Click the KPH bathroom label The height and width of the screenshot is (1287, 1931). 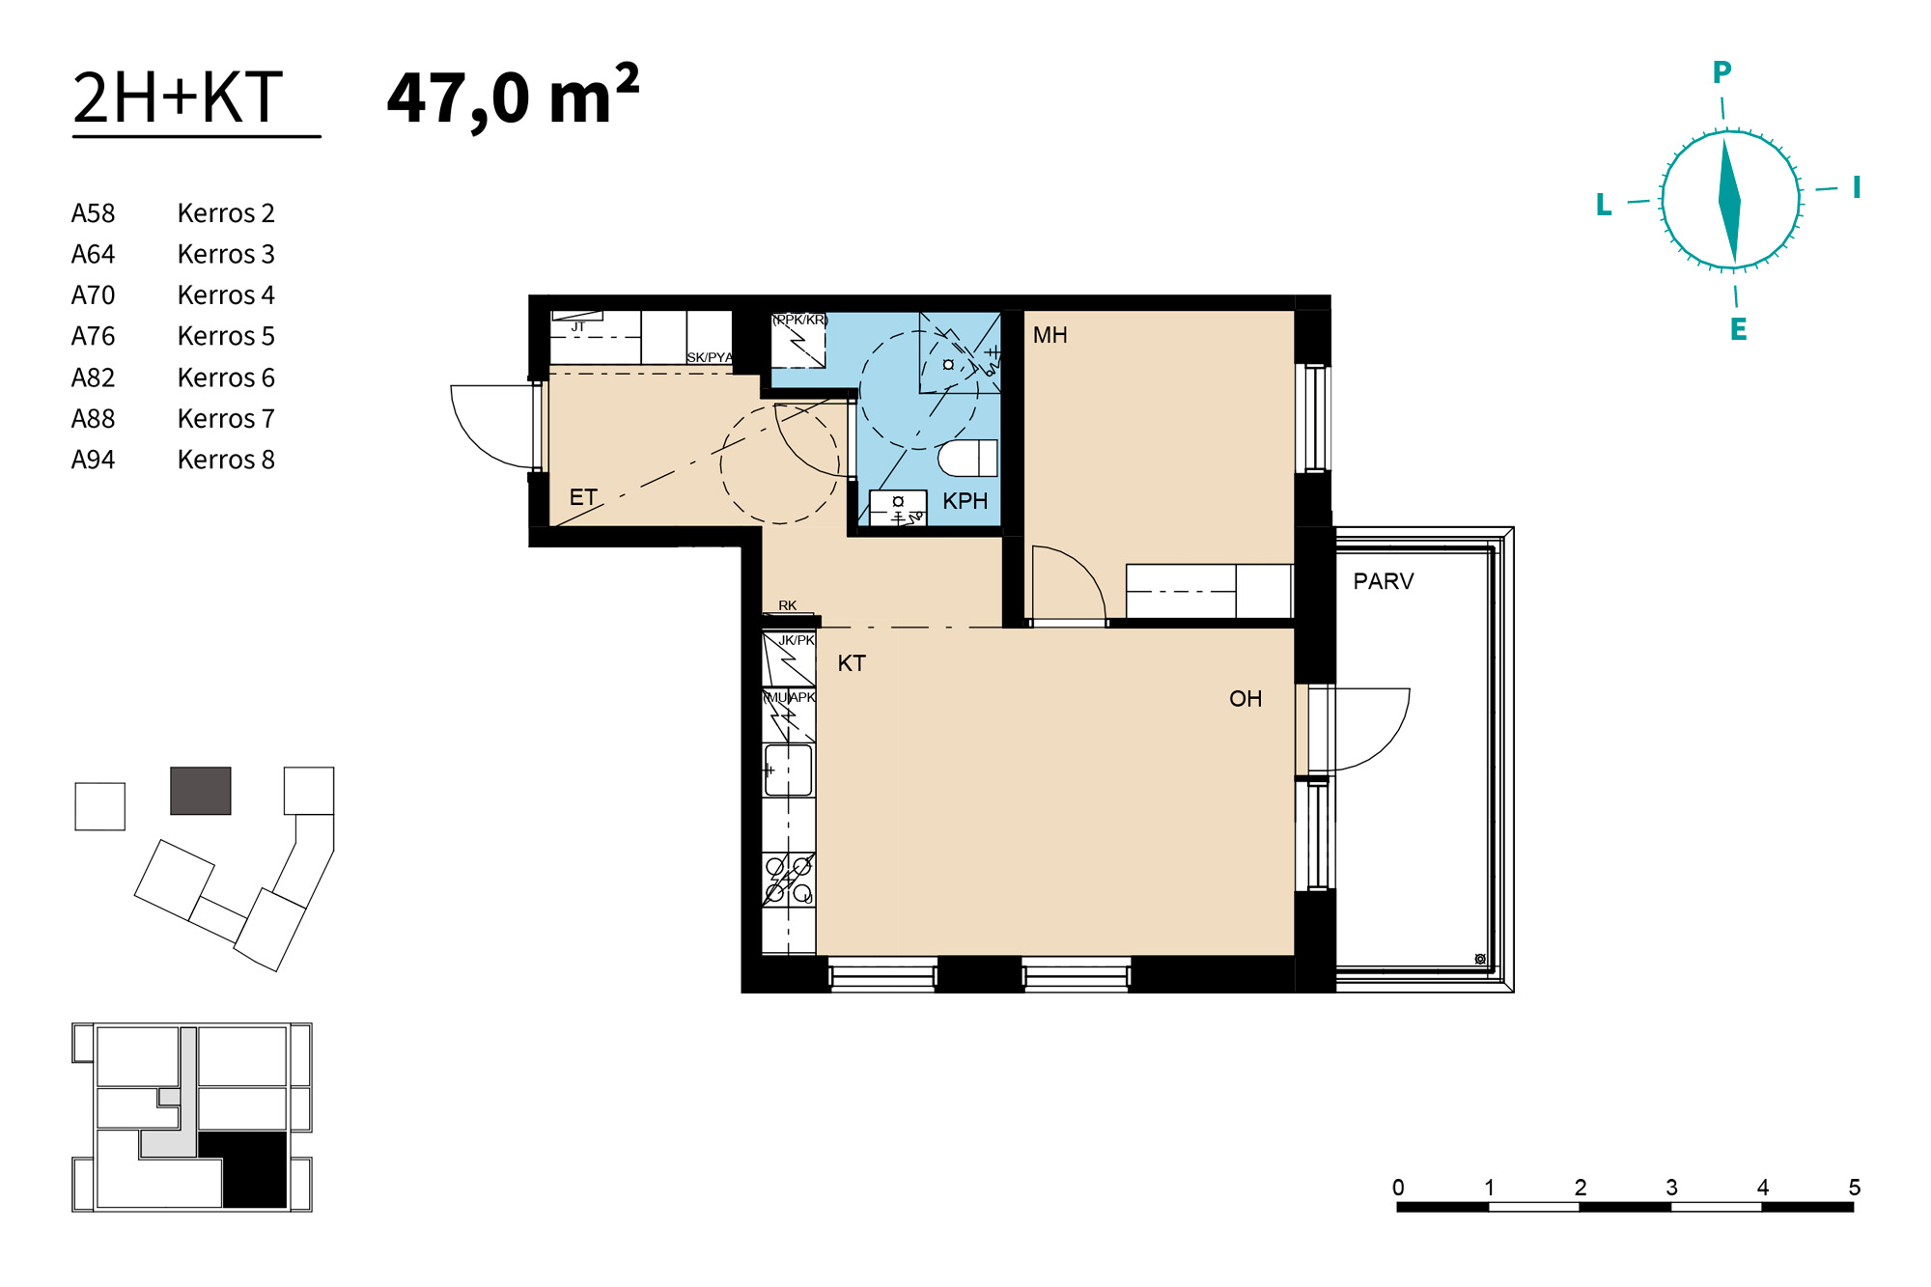pos(965,501)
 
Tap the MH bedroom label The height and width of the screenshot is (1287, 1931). pos(1049,335)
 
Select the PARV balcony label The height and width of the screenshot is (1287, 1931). pos(1383,581)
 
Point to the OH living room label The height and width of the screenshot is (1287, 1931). pos(1245,699)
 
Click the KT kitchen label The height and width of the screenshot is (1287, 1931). pos(851,663)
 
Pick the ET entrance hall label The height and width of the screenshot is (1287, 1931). pos(583,497)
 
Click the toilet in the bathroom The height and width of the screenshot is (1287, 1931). pos(967,458)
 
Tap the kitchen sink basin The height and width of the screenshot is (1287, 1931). pos(788,770)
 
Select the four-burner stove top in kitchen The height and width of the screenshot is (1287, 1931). pos(789,880)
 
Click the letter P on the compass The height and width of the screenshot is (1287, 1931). pos(1721,71)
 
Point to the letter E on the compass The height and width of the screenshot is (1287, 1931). pos(1738,329)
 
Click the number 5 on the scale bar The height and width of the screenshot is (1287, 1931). pos(1854,1188)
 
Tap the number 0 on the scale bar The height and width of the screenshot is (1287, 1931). pos(1398,1188)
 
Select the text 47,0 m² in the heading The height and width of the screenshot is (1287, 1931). pos(513,97)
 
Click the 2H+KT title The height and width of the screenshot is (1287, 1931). pos(178,98)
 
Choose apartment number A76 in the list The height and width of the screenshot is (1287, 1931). pos(93,336)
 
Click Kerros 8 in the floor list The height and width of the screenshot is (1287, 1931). pos(226,460)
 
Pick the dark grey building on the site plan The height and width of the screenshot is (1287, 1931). pos(201,791)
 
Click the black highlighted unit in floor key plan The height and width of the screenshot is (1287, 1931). pos(244,1169)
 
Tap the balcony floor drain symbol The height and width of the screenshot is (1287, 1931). pos(1480,959)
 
